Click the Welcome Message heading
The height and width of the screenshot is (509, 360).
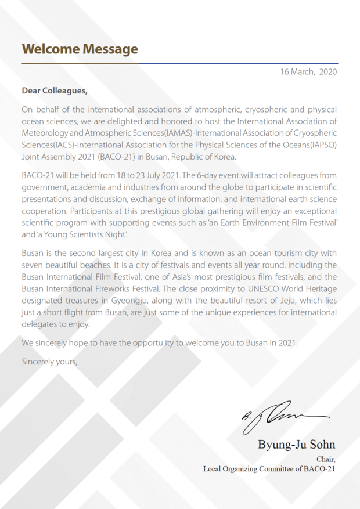(80, 49)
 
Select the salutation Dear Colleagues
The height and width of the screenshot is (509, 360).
(55, 91)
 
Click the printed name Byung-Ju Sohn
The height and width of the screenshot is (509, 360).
(297, 445)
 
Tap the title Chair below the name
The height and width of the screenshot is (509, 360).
(326, 459)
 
